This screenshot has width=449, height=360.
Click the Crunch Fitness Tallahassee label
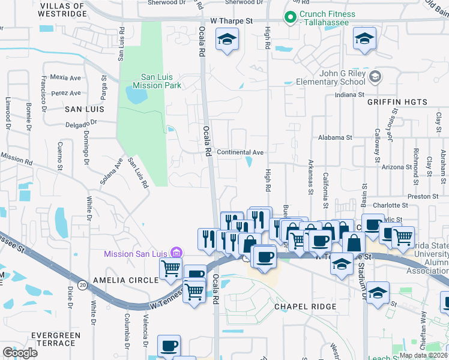[328, 18]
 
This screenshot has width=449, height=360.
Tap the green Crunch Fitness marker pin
[291, 17]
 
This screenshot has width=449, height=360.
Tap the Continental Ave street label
[240, 152]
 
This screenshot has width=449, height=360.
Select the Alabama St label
[335, 137]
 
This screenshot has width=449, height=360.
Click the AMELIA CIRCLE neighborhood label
[126, 280]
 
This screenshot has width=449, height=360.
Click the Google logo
[20, 353]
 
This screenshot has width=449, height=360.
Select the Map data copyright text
[424, 356]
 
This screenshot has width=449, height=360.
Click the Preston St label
[423, 196]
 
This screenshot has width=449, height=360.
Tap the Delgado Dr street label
[66, 125]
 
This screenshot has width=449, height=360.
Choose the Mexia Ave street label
[66, 78]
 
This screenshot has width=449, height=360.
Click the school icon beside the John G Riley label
[375, 76]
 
